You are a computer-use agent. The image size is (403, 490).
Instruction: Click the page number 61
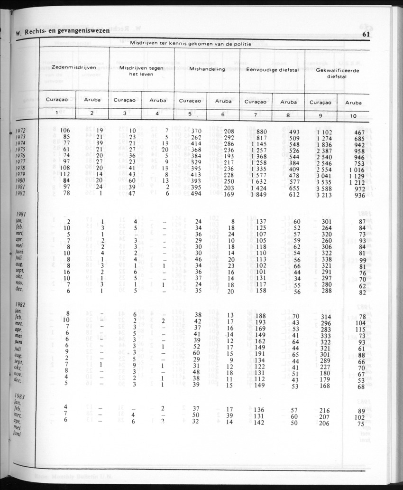(366, 33)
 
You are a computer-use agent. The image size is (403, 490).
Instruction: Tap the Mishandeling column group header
(207, 69)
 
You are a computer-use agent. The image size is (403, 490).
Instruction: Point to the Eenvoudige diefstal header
(272, 69)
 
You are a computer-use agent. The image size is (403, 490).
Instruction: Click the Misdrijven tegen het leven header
(142, 71)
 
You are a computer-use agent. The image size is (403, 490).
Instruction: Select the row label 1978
(20, 168)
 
